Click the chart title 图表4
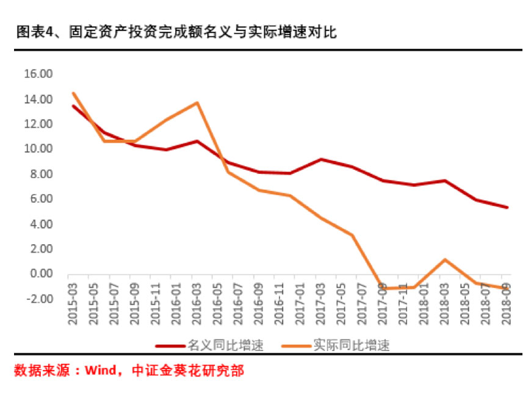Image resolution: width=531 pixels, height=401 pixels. (x=177, y=32)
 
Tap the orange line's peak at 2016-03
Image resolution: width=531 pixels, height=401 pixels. (x=197, y=103)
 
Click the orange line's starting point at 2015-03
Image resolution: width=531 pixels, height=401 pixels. (x=73, y=93)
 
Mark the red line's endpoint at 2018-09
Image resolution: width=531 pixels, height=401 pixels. (x=507, y=208)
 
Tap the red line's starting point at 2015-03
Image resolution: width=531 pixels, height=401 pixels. (x=73, y=106)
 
